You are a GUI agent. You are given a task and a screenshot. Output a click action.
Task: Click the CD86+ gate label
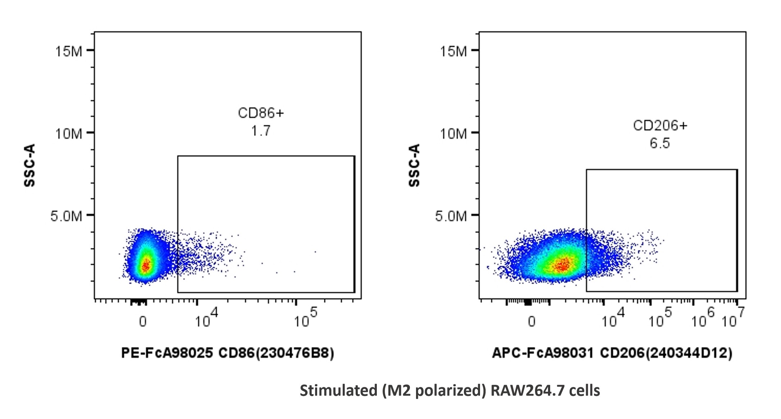coord(261,113)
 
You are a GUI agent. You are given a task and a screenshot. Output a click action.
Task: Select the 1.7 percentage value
coord(261,131)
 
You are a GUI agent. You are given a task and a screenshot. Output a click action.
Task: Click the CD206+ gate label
coord(660,126)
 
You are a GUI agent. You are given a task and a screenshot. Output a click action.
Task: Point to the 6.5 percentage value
coord(659,143)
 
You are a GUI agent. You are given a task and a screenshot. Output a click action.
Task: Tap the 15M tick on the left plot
coord(68,51)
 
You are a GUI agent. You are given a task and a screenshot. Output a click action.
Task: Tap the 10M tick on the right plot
coord(453,134)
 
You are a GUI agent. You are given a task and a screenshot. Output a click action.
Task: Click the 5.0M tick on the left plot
coord(66,216)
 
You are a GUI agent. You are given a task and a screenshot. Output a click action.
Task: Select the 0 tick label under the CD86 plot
coord(143,321)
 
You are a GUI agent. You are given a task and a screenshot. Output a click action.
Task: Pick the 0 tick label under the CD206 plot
coord(531,321)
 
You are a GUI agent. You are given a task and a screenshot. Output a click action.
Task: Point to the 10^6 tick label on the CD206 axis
coord(702,318)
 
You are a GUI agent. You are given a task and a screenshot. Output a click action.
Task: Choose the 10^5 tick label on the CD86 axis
coord(305,318)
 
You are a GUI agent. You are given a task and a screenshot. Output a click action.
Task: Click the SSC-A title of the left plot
coord(30,165)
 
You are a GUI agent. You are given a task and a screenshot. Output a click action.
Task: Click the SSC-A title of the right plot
coord(415,165)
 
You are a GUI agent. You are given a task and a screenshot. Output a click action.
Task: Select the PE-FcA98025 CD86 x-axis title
coord(228,353)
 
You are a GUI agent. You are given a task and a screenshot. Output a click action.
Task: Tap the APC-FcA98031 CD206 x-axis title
coord(612,353)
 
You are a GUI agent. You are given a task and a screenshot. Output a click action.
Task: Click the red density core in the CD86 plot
coord(146,266)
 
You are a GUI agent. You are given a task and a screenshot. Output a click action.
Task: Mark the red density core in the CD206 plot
coord(562,265)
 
